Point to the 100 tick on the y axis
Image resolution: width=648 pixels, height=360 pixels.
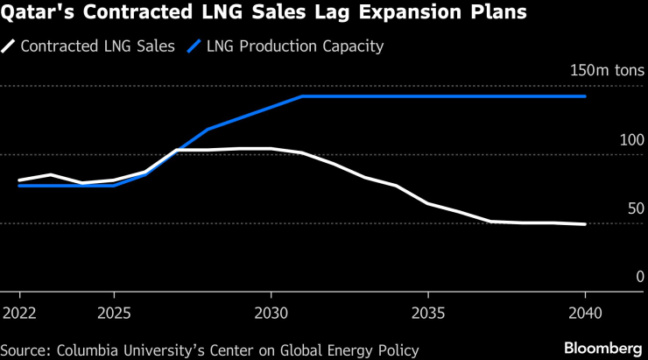[631, 140]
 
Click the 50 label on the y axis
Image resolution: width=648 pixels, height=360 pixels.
[635, 208]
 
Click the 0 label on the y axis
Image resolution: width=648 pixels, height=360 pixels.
[639, 277]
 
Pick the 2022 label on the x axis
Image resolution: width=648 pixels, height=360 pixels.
[19, 313]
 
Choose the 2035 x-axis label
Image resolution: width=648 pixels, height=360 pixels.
[427, 313]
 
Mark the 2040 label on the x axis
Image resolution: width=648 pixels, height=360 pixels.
[584, 313]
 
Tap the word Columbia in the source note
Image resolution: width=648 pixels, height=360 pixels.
[91, 350]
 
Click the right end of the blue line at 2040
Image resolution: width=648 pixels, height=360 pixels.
[585, 96]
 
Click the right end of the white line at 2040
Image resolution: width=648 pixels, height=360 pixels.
[585, 224]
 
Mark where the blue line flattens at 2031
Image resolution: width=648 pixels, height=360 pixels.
[302, 96]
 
